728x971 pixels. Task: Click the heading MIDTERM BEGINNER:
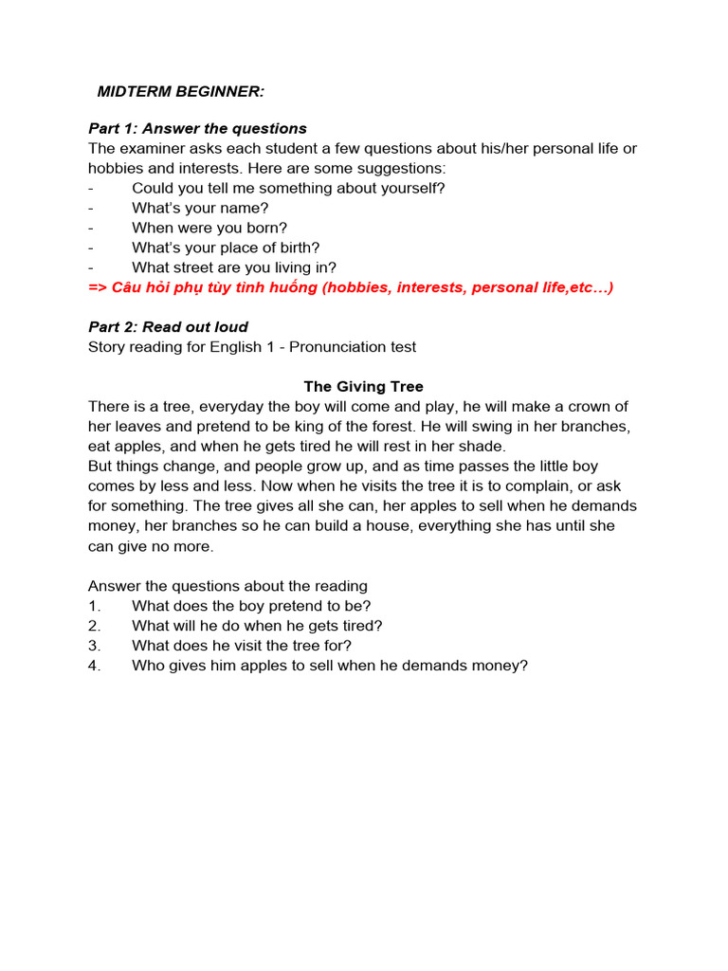181,91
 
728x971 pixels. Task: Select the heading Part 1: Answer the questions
197,128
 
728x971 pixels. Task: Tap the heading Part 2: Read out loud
168,327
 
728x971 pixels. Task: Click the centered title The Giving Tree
363,387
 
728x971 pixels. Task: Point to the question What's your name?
200,208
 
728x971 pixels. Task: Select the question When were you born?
209,228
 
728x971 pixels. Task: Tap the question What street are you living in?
234,267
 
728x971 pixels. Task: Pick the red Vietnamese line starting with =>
351,287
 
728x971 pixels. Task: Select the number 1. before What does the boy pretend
94,606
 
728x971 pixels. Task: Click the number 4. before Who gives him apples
94,666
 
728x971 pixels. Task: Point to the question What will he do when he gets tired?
257,626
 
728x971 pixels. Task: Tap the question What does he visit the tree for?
242,646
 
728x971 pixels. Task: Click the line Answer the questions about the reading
227,586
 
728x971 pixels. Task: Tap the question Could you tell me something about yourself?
288,188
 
